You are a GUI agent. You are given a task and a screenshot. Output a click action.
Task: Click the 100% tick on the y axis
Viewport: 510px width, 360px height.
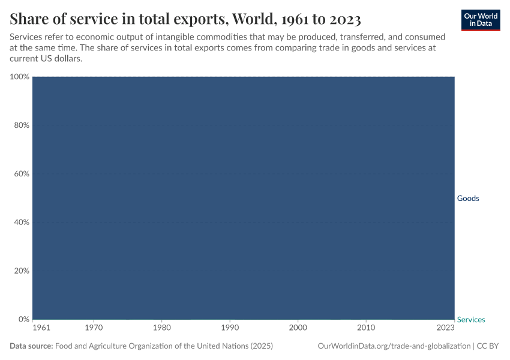coord(19,77)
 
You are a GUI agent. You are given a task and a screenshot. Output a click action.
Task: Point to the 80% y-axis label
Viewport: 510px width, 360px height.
coord(21,125)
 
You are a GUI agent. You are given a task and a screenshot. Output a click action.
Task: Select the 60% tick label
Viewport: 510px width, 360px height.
coord(21,174)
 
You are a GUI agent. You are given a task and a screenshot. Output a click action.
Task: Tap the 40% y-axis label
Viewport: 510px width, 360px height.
coord(21,222)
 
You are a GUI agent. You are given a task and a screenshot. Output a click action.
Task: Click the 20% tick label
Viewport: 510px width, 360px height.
coord(21,271)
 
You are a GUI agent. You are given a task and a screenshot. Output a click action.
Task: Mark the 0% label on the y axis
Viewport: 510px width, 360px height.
coord(23,319)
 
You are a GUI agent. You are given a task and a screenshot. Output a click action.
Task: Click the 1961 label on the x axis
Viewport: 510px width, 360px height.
coord(41,328)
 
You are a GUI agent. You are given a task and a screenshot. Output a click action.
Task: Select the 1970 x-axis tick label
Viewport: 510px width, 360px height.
coord(94,328)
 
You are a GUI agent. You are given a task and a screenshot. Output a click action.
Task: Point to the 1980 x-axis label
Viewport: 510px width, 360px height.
coord(162,328)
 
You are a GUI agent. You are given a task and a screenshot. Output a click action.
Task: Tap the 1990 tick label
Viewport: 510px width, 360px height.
coord(230,328)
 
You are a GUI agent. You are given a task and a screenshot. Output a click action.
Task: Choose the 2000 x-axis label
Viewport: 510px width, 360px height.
coord(298,328)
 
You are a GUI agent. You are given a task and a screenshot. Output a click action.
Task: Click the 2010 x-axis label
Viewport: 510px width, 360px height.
coord(366,328)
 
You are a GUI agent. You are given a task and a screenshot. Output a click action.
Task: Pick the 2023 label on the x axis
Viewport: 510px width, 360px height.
coord(446,328)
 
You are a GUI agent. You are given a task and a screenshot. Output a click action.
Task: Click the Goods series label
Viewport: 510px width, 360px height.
coord(468,199)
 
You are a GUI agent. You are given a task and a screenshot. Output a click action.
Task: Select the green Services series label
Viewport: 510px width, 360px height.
coord(471,320)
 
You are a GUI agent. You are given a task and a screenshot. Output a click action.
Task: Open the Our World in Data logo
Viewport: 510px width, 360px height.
coord(480,20)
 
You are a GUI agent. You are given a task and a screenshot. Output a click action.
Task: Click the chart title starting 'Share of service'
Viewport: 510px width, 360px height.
coord(185,19)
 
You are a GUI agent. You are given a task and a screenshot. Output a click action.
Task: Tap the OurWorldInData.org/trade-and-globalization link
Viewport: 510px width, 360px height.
coord(393,346)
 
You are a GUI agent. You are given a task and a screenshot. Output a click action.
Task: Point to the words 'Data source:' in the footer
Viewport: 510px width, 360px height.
coord(31,346)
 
